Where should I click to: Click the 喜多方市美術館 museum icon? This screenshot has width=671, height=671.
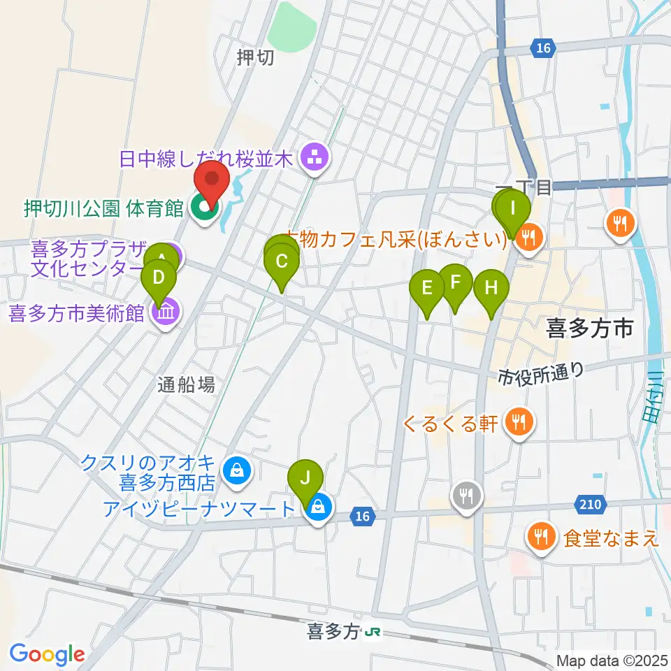[165, 312]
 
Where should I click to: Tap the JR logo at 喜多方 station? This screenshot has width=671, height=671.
[373, 632]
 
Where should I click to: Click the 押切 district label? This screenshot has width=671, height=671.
[255, 59]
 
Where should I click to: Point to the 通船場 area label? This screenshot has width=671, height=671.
[185, 383]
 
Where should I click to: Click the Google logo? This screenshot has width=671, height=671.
[47, 654]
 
